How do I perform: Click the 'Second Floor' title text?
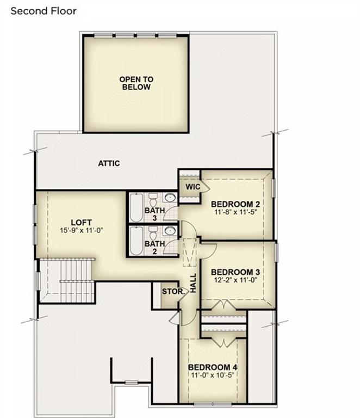pos(44,10)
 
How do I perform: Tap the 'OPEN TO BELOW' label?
pos(136,83)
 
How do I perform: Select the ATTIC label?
pos(109,163)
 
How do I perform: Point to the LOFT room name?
pos(81,222)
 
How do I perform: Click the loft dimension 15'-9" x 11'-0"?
pos(81,230)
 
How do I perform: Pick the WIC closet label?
pos(193,187)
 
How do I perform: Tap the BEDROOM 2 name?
pos(235,204)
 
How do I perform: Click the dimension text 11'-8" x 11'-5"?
pos(235,213)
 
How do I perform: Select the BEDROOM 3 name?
pos(235,272)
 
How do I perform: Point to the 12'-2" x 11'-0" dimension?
pos(235,280)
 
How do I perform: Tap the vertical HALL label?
pos(193,283)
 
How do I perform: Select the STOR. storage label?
pos(173,291)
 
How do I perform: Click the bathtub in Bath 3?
pos(136,207)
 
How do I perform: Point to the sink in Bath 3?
pos(170,198)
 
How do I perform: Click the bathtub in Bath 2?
pos(136,241)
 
